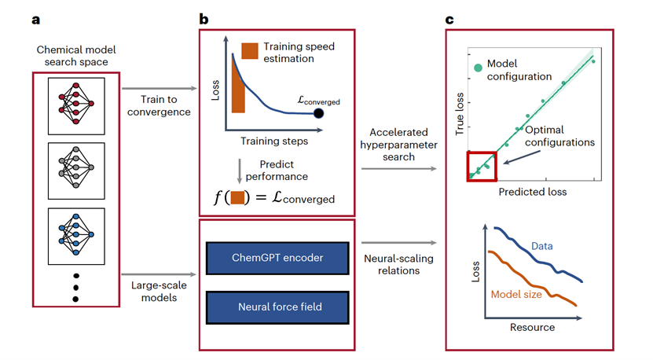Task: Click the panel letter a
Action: tap(36, 20)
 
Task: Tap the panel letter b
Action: tap(204, 19)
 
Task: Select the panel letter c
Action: tap(449, 20)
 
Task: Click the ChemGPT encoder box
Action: tap(277, 258)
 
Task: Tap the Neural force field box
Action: tap(277, 307)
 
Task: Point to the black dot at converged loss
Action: tap(318, 113)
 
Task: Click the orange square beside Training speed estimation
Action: tap(249, 51)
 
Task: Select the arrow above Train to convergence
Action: tap(159, 88)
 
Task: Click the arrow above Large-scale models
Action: tap(159, 274)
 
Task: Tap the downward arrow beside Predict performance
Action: tap(240, 171)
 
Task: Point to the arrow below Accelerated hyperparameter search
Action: tap(399, 169)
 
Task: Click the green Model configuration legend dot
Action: tap(478, 68)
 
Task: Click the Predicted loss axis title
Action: tap(533, 192)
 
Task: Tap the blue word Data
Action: tap(541, 246)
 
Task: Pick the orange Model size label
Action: tap(516, 295)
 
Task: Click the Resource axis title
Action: tap(532, 327)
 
